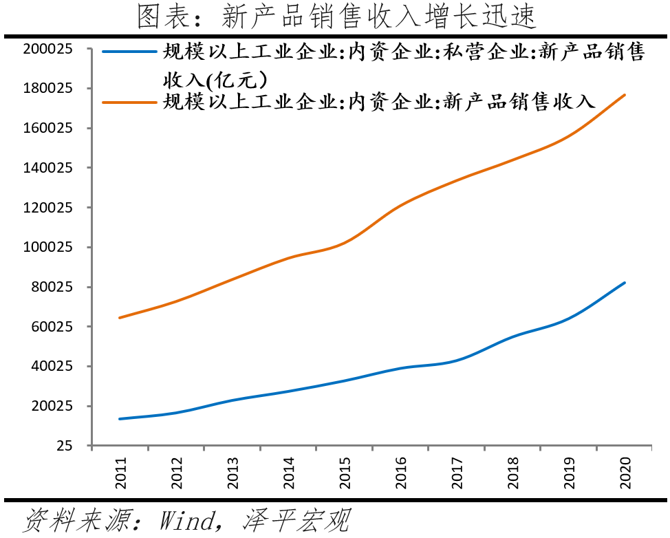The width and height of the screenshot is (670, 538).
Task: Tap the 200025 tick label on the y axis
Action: [48, 49]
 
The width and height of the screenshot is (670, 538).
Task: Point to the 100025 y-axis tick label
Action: [48, 247]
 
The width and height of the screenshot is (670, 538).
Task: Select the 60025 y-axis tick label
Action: [52, 327]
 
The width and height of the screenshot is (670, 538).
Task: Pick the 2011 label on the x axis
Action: [121, 474]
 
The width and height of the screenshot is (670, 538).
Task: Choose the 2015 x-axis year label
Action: [345, 474]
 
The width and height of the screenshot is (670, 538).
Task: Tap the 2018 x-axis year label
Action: [512, 474]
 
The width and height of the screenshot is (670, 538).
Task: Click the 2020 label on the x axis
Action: [625, 474]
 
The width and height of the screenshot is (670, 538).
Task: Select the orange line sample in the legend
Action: [131, 102]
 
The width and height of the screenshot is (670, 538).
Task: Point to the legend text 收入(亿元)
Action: [215, 78]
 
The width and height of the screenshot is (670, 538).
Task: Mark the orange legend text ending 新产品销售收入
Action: [378, 102]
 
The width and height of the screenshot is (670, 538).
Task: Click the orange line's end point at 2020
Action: [625, 94]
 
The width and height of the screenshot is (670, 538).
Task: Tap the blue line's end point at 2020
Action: [625, 282]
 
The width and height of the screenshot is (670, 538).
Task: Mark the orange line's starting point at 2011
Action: [120, 318]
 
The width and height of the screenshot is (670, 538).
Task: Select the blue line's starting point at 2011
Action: [120, 418]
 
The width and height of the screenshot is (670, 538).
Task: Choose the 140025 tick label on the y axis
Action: [48, 168]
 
